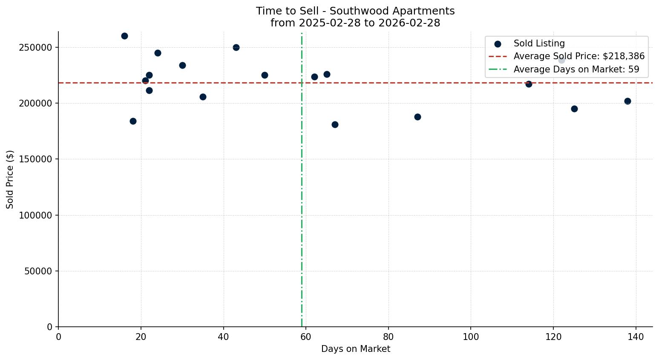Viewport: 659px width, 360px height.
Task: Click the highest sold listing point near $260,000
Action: coord(124,36)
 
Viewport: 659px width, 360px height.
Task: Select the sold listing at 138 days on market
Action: coord(627,101)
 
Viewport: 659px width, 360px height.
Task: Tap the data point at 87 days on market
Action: coord(417,117)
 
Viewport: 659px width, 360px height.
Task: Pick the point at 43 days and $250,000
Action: coord(236,47)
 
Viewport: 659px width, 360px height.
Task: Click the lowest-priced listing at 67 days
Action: coord(335,125)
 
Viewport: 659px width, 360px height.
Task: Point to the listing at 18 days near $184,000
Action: coord(133,121)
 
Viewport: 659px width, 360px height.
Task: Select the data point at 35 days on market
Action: coord(203,97)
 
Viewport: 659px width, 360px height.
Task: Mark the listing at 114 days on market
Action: coord(529,84)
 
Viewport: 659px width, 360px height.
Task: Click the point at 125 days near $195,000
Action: coord(574,109)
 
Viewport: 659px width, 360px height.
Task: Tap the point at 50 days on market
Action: coord(265,75)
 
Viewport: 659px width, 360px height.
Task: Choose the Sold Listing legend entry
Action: coord(539,43)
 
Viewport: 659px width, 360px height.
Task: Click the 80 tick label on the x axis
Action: coord(388,337)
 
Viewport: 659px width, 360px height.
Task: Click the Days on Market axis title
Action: coord(355,349)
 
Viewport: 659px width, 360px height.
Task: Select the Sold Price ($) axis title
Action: coord(10,179)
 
